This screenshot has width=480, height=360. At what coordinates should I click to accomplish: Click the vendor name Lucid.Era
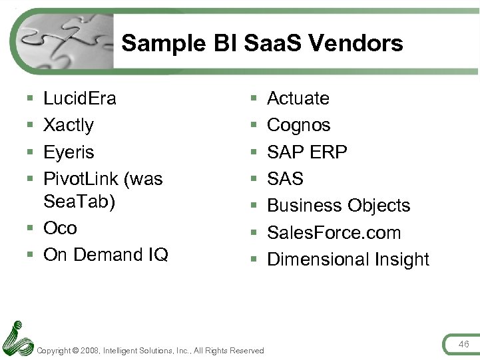click(79, 98)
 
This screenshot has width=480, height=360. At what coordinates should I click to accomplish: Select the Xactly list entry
click(68, 125)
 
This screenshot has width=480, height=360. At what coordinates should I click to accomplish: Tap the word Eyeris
click(69, 152)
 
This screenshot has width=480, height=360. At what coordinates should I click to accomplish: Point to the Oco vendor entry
click(60, 228)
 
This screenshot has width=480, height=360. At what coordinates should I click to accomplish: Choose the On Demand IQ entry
click(105, 255)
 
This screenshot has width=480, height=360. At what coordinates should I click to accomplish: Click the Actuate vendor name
click(298, 98)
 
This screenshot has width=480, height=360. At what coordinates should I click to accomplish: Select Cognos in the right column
click(298, 125)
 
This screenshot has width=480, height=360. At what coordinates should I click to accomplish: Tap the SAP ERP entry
click(307, 152)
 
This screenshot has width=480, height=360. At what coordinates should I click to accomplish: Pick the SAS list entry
click(285, 179)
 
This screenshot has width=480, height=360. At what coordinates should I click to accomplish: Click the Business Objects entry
click(338, 206)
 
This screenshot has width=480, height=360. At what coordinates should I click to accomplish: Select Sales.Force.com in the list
click(334, 233)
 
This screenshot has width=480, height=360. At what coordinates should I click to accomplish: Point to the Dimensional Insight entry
click(348, 260)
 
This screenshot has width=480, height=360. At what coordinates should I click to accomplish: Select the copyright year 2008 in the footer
click(89, 351)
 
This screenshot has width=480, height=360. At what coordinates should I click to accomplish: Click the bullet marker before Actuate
click(254, 98)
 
